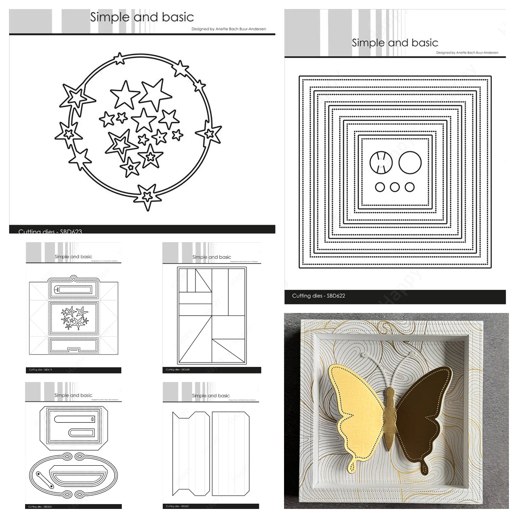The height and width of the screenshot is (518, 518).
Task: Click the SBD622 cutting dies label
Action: [319, 296]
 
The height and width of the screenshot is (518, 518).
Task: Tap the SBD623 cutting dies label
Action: [50, 231]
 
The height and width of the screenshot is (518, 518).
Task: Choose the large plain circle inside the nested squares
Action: [410, 162]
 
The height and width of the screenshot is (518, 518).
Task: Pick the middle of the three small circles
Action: [395, 187]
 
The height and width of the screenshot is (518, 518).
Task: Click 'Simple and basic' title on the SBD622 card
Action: [395, 43]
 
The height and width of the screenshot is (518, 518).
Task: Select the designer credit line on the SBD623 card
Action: [228, 29]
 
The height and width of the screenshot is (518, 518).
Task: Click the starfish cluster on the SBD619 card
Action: [75, 317]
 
